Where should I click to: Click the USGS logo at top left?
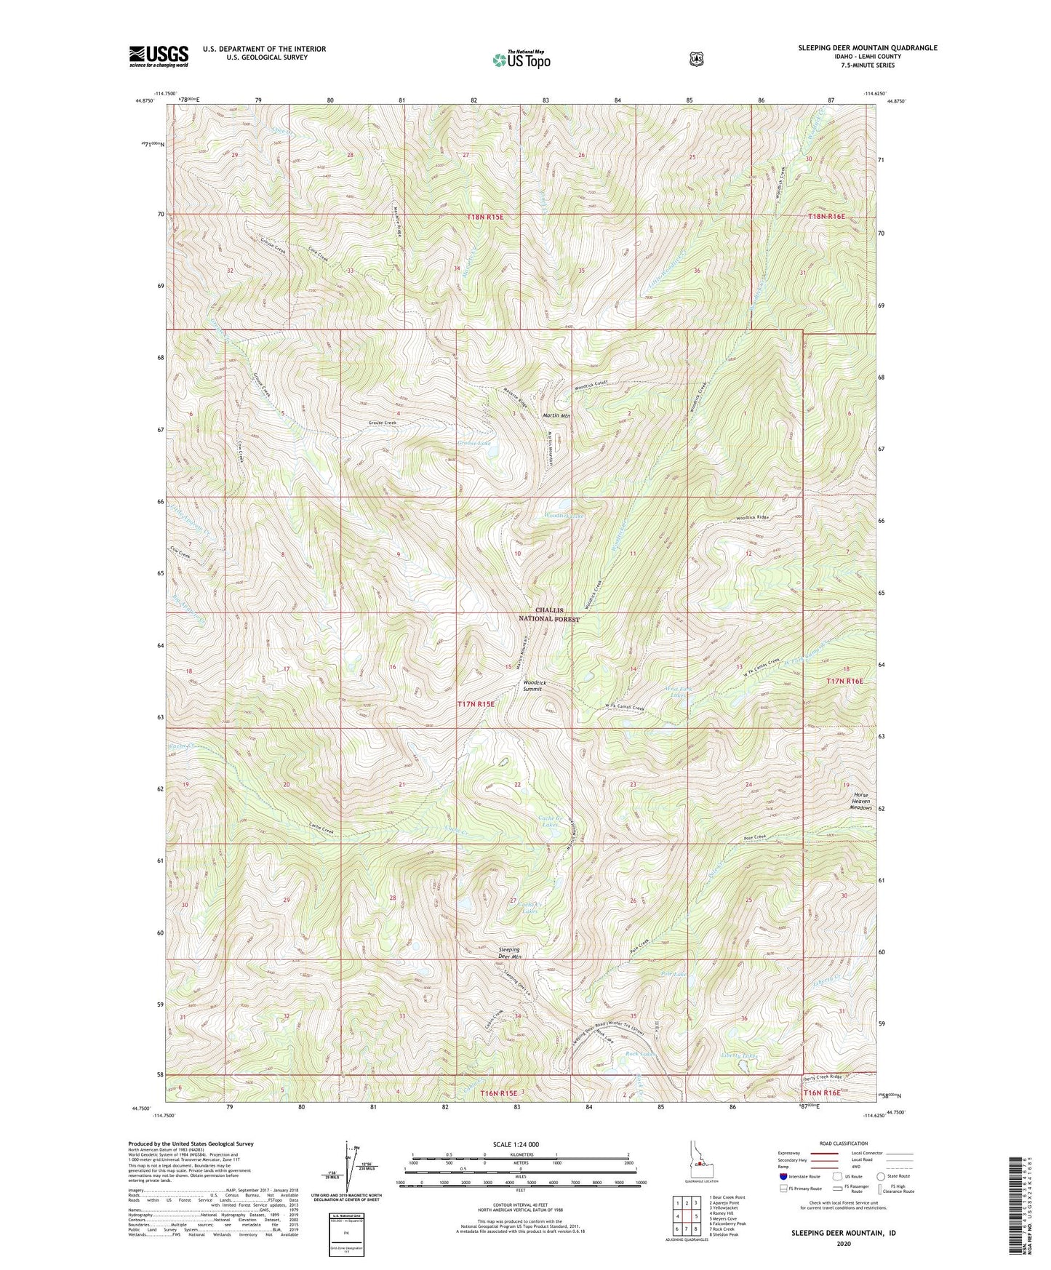tap(159, 56)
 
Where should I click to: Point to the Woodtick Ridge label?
tap(752, 517)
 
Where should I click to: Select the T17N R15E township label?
tap(476, 704)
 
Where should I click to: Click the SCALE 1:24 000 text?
tap(516, 1145)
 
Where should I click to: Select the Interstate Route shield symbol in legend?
tap(783, 1176)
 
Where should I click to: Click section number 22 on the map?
tap(517, 784)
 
